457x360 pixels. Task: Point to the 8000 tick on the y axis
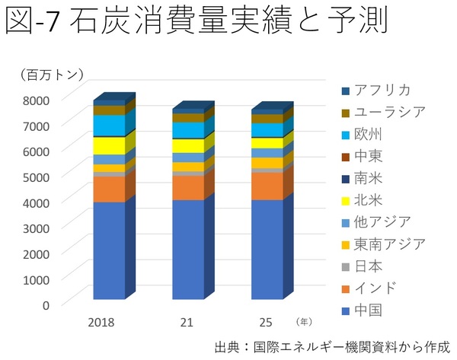[x=35, y=100]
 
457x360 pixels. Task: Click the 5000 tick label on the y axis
[x=35, y=177]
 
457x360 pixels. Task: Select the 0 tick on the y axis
[x=45, y=305]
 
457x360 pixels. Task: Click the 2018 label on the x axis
[x=101, y=323]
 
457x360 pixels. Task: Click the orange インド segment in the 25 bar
[x=267, y=186]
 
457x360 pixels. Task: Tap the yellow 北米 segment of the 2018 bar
[x=109, y=145]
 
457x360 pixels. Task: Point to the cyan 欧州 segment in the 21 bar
[x=188, y=130]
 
